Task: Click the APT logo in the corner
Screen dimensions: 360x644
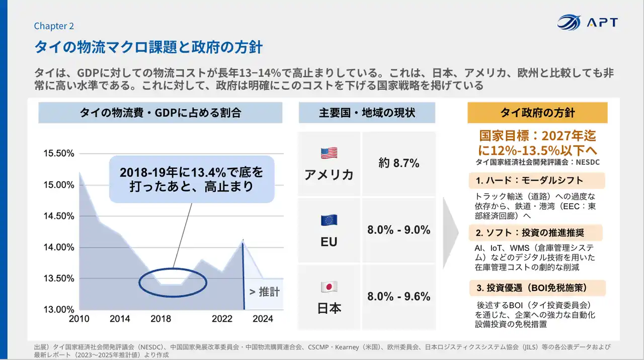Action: tap(587, 23)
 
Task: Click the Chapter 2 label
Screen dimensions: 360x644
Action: tap(54, 26)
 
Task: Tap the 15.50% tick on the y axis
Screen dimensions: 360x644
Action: tap(59, 153)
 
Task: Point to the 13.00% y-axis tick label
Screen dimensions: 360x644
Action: tap(59, 309)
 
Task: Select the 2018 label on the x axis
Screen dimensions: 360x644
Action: tap(160, 319)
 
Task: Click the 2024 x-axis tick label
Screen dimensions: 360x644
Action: tap(263, 319)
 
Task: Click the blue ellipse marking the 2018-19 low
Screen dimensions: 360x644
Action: tap(173, 284)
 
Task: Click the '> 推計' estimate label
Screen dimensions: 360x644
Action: tap(265, 292)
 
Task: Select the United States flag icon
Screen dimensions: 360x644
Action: tap(329, 153)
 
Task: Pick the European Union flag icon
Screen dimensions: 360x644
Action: tap(329, 220)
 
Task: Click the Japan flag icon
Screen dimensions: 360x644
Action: tap(329, 287)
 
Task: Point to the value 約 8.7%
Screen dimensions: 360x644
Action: tap(399, 163)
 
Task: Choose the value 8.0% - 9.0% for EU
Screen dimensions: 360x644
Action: tap(399, 230)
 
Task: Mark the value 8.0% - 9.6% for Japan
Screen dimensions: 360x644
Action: tap(399, 296)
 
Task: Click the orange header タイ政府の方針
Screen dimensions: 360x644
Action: tap(537, 113)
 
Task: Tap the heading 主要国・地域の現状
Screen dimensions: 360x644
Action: tap(367, 113)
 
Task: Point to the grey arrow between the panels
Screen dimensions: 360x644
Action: tap(451, 233)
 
